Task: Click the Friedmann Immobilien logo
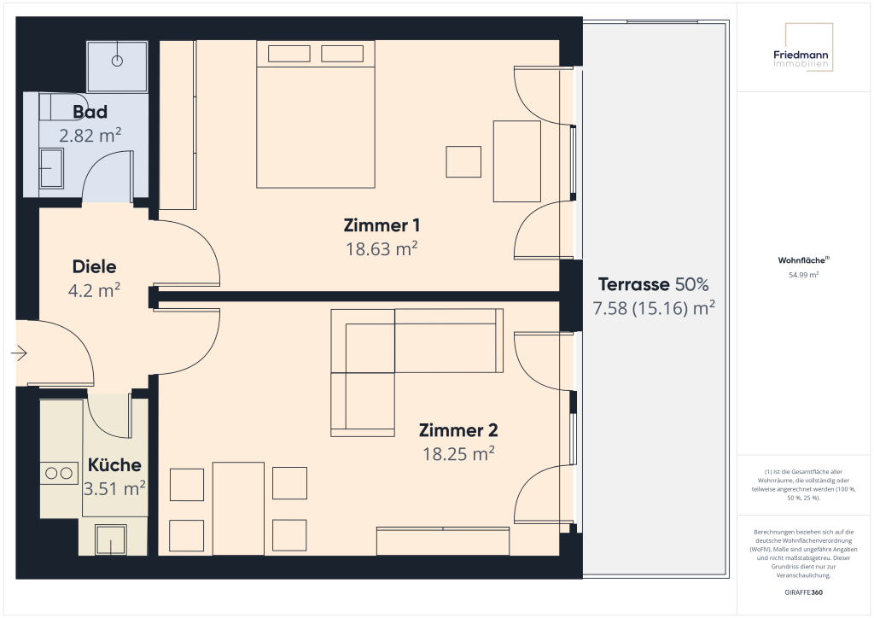803,58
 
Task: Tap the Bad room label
90,112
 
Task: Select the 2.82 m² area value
90,134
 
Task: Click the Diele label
94,267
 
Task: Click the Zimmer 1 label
382,226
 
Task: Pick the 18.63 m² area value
382,248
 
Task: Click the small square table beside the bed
463,161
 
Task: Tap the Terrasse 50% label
654,284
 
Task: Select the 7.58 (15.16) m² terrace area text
654,307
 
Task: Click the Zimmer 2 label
458,431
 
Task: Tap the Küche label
114,465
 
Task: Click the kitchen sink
111,539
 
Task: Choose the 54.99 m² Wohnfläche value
803,275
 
